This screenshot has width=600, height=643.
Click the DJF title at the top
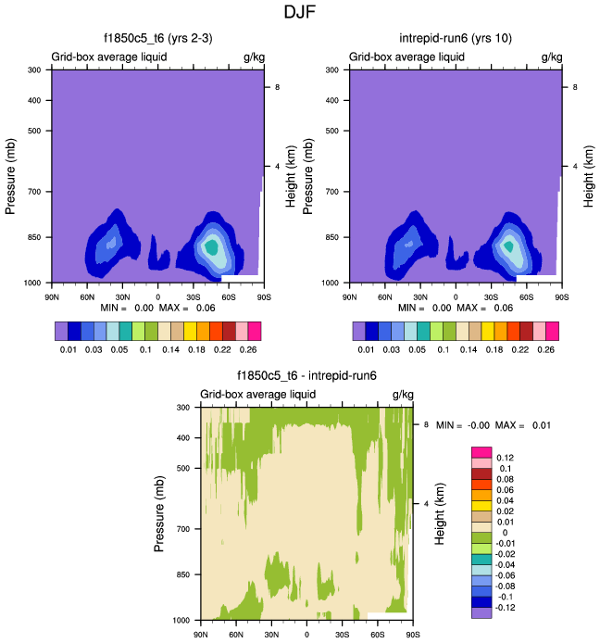(x=299, y=13)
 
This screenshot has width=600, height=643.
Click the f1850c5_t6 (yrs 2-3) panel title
(x=156, y=39)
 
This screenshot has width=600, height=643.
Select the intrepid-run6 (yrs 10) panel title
(x=453, y=39)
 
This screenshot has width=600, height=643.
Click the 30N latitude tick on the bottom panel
(x=271, y=635)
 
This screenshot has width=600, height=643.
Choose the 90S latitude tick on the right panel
(x=561, y=297)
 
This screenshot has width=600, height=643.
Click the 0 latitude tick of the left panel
(x=157, y=297)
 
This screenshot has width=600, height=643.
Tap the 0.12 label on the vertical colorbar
(x=506, y=458)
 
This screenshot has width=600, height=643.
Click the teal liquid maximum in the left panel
(x=212, y=247)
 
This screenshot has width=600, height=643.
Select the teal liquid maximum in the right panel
(x=508, y=246)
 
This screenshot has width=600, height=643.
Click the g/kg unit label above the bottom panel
(x=402, y=395)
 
